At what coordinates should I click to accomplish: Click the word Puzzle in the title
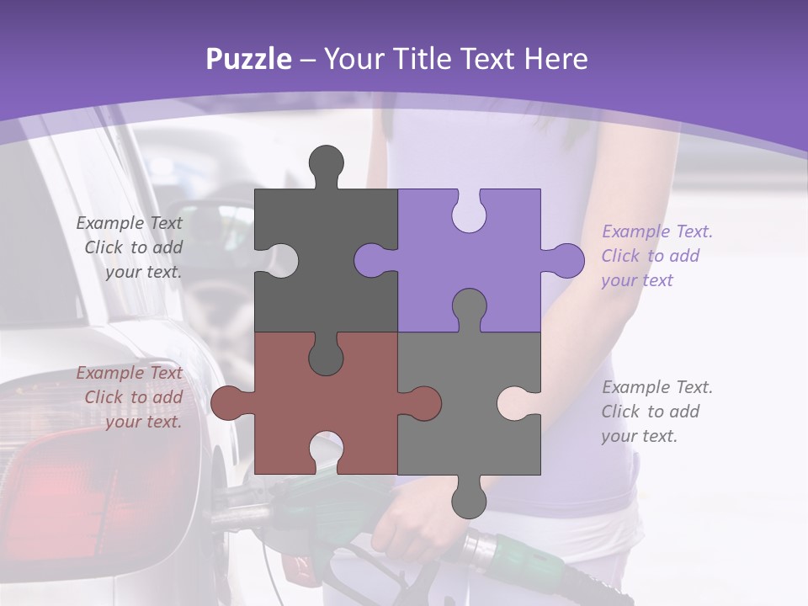(249, 60)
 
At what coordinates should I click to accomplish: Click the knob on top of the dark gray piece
(327, 163)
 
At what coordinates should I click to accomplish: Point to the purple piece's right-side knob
(565, 260)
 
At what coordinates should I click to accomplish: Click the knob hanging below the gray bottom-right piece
(469, 500)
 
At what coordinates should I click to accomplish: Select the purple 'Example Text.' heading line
(657, 231)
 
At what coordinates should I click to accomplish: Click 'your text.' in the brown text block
(143, 422)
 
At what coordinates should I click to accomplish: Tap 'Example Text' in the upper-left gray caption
(130, 223)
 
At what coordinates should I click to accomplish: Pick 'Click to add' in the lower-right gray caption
(651, 412)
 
